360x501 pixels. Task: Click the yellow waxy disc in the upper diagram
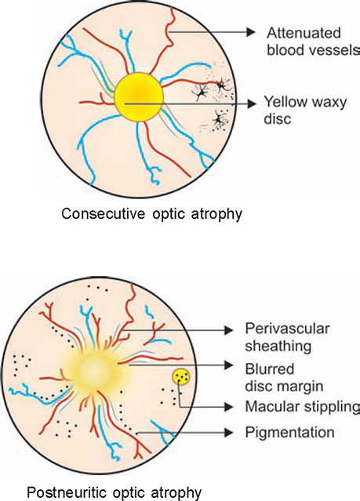[x=139, y=96]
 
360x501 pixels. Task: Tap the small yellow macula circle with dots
[x=181, y=376]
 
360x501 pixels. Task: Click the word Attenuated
[x=304, y=33]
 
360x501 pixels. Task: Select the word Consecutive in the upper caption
[x=104, y=213]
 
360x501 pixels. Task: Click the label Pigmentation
[x=289, y=432]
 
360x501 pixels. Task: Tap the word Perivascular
[x=287, y=329]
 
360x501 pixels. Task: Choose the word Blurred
[x=270, y=369]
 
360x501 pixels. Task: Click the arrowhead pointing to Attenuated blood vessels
[x=251, y=32]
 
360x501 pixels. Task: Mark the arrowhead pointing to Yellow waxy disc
[x=251, y=103]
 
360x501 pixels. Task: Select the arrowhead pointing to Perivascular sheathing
[x=228, y=330]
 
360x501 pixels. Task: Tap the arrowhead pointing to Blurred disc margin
[x=228, y=365]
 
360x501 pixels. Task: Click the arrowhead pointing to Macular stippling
[x=228, y=407]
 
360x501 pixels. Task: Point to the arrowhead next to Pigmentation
[x=228, y=433]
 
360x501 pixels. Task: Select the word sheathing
[x=278, y=347]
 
